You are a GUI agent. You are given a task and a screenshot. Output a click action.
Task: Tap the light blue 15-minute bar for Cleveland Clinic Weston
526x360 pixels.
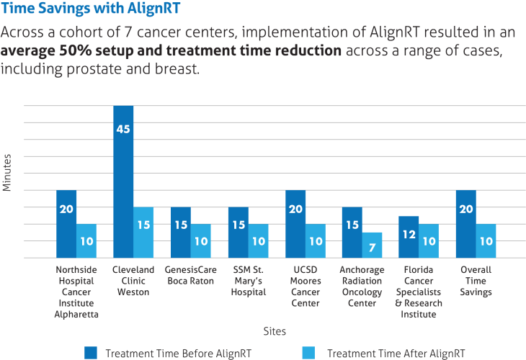143,233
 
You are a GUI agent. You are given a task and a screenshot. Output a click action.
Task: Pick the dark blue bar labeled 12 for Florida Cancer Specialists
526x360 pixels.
409,237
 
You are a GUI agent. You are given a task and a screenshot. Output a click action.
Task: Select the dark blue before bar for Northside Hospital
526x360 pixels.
66,224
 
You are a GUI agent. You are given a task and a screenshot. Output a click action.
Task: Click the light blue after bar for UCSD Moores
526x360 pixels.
316,240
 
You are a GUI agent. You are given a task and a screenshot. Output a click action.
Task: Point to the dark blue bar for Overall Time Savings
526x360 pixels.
466,224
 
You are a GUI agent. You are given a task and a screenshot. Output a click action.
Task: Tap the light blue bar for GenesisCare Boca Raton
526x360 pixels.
201,240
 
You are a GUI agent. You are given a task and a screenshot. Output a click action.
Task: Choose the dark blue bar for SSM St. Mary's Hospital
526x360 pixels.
238,233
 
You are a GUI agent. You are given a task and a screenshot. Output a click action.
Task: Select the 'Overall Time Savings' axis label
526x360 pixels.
476,281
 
